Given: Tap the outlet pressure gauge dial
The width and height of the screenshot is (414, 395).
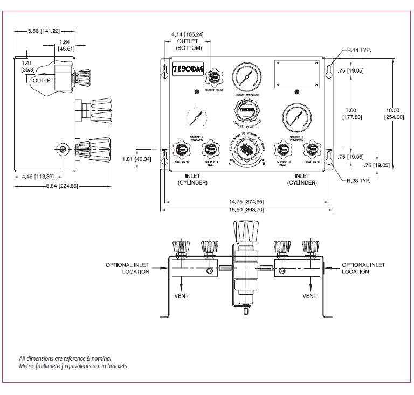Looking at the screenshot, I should tap(246, 77).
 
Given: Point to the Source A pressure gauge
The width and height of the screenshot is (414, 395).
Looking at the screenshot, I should tap(195, 116).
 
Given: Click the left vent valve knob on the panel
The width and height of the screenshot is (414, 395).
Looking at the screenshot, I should tap(179, 149).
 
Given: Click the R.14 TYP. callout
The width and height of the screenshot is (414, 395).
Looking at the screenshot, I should tap(359, 50).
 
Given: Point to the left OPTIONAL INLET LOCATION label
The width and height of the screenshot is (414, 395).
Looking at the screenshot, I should tap(127, 268).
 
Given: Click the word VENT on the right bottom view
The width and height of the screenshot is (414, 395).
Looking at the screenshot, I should tap(309, 296).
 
